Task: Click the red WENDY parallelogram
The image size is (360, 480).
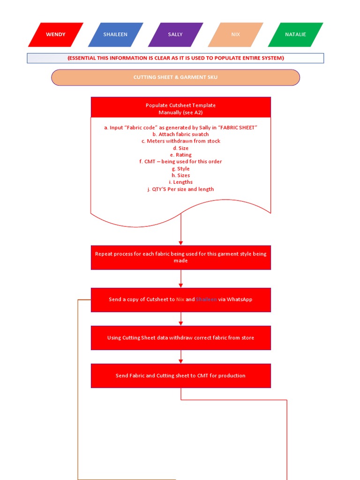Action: pos(56,35)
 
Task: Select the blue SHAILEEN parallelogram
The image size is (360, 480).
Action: pos(115,35)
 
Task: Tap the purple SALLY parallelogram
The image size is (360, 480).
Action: pos(175,35)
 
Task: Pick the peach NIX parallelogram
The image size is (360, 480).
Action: pos(235,35)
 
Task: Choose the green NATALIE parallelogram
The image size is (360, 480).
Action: pos(295,35)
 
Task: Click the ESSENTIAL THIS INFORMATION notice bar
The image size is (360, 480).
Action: pos(175,58)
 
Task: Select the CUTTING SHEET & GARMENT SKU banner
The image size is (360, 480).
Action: pos(175,77)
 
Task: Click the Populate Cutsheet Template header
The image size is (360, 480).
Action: pos(180,109)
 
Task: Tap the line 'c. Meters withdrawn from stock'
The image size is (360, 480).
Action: pos(181,141)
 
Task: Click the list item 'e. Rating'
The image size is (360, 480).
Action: pos(180,155)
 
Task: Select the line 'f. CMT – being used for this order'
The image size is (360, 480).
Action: pos(180,162)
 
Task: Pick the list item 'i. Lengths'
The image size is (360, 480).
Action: pos(181,182)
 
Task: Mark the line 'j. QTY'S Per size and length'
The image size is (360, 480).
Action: pos(180,189)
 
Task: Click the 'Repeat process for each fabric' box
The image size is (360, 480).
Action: pos(180,257)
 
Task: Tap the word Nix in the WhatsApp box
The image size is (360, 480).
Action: pos(180,300)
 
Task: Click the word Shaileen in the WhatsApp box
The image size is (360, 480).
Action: pos(206,300)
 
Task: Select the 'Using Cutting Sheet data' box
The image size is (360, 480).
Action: pos(180,338)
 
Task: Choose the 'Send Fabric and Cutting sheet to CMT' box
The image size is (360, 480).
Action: pos(180,376)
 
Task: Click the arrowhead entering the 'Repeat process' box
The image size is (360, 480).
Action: pos(181,243)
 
